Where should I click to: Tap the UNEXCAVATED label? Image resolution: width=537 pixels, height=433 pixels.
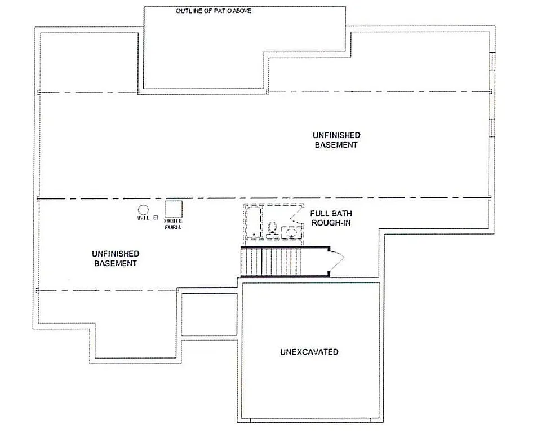(309, 352)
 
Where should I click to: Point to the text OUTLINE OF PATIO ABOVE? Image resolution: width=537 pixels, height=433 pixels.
(213, 11)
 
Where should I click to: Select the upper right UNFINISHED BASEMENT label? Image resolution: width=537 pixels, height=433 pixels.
(336, 140)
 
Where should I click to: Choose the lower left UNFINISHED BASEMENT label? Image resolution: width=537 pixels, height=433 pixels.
(117, 259)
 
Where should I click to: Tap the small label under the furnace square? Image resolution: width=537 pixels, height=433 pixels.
(172, 224)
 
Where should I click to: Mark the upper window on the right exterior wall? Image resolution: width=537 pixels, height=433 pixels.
(492, 62)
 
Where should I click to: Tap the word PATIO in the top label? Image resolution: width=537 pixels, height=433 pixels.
(217, 11)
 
